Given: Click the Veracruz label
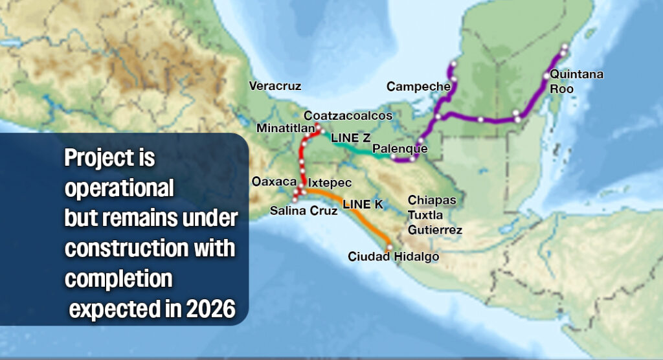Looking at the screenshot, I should coord(275,85).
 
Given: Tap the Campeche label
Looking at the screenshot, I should coord(418,86).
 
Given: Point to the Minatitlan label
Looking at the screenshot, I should coord(286,128).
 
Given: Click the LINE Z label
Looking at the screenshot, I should coord(350,138).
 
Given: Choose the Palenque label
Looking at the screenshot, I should coord(400,149).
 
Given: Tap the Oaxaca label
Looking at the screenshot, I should coord(274,182).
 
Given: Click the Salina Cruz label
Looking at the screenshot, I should coord(304,210).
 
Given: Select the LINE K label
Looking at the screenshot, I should coord(363,205).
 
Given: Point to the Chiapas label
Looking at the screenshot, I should coord(432,200).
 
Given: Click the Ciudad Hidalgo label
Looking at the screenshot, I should coord(393,257).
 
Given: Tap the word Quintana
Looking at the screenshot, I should coord(577,74).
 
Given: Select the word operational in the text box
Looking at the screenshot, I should coord(119,188).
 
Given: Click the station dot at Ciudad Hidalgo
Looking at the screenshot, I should coord(389,247).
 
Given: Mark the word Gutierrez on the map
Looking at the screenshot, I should coord(435,230).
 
